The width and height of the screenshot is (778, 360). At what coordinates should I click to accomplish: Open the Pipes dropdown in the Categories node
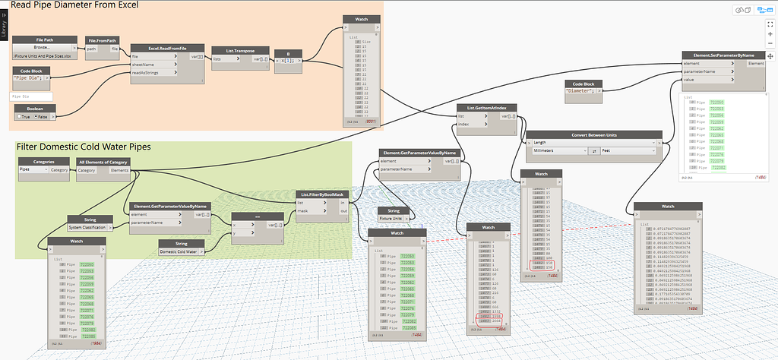[x=33, y=170]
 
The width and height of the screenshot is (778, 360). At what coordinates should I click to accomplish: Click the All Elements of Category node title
[x=103, y=162]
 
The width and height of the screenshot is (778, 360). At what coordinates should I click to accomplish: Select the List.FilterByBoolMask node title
[x=323, y=194]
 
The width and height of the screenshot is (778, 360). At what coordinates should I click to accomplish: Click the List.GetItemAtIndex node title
[x=487, y=109]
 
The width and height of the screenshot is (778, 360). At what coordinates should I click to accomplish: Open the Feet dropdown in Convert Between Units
[x=628, y=151]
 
